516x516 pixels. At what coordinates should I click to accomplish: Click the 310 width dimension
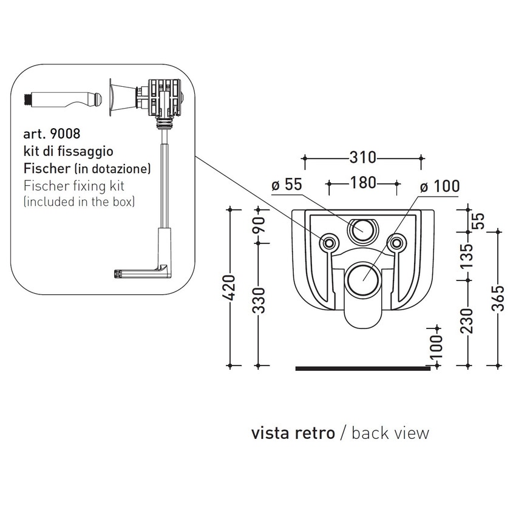pos(363,158)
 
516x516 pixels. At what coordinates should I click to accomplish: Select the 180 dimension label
pos(363,182)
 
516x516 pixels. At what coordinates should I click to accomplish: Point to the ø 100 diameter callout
pos(439,186)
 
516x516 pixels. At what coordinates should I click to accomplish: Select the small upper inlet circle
pos(362,229)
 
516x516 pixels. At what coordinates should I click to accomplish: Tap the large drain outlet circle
pos(362,280)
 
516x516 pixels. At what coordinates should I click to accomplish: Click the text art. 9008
pos(51,132)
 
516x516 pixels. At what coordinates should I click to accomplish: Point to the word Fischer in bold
pos(42,166)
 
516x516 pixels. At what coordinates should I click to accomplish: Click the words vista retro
pos(293,433)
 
